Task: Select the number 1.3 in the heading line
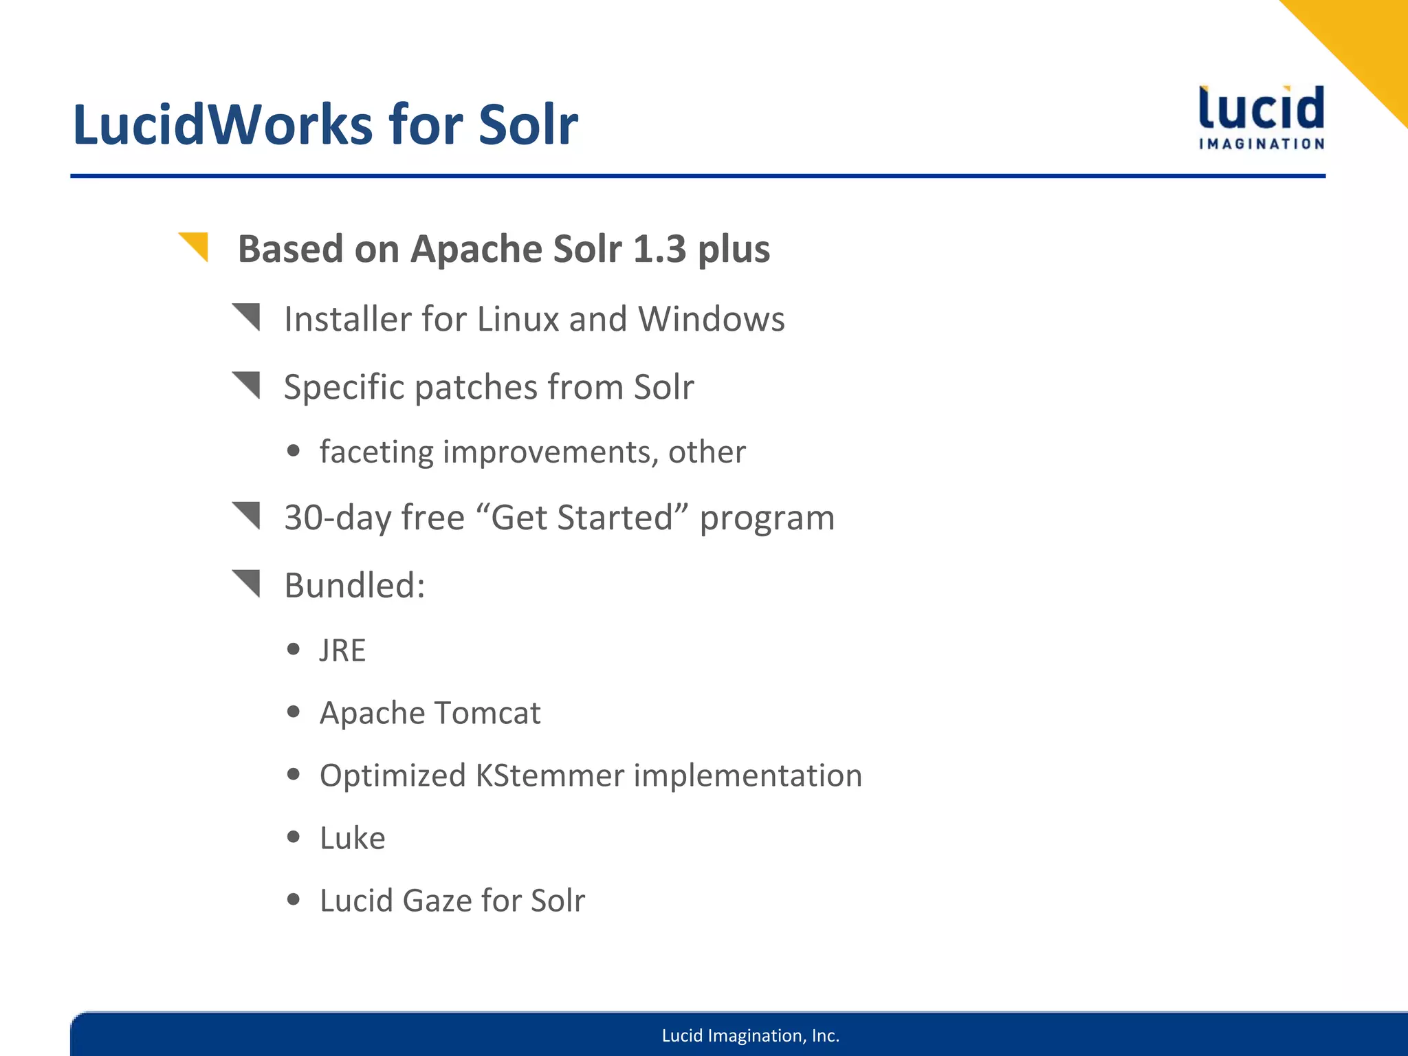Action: (x=659, y=249)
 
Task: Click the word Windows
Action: (x=711, y=319)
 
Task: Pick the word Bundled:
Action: (x=355, y=586)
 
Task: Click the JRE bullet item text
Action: (x=342, y=650)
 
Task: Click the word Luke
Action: (x=352, y=838)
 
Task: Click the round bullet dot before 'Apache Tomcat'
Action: (x=294, y=712)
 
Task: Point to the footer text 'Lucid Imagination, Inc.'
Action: (x=750, y=1035)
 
